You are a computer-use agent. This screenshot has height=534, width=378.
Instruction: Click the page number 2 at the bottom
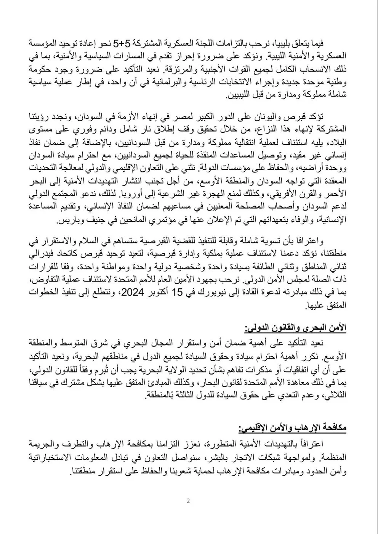pos(188,501)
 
